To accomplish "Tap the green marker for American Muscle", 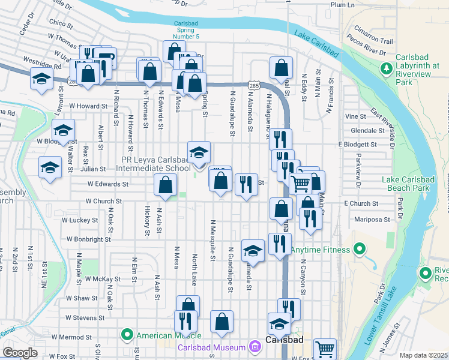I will click(x=127, y=335).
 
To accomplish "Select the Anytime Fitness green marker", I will click(x=360, y=249).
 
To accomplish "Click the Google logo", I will click(x=20, y=352).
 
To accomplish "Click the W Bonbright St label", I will click(x=89, y=239).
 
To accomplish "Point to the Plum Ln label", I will click(x=343, y=5).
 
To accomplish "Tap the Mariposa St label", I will click(x=372, y=220).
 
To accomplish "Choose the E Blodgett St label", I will click(x=358, y=145).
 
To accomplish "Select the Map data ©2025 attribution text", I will click(x=424, y=355).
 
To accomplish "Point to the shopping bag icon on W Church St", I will click(x=165, y=185).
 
